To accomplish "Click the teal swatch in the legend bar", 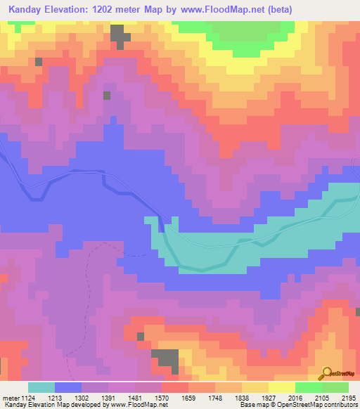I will (41, 387).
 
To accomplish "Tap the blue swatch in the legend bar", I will (68, 387).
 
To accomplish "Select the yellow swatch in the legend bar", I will (282, 387).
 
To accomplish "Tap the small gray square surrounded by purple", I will (107, 95).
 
